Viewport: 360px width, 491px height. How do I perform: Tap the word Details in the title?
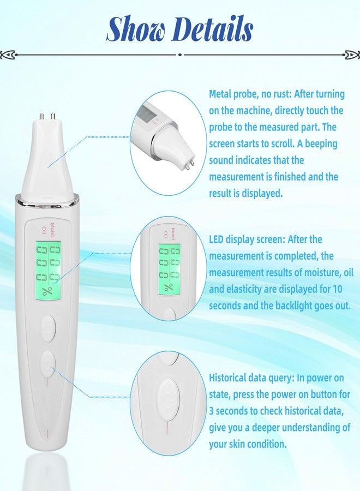tap(216, 29)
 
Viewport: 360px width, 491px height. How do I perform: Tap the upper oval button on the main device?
tap(48, 328)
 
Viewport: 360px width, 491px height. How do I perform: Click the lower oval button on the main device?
tap(48, 364)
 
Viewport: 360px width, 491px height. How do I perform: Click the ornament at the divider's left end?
tap(7, 55)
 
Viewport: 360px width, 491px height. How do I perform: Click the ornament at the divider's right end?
tap(352, 55)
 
